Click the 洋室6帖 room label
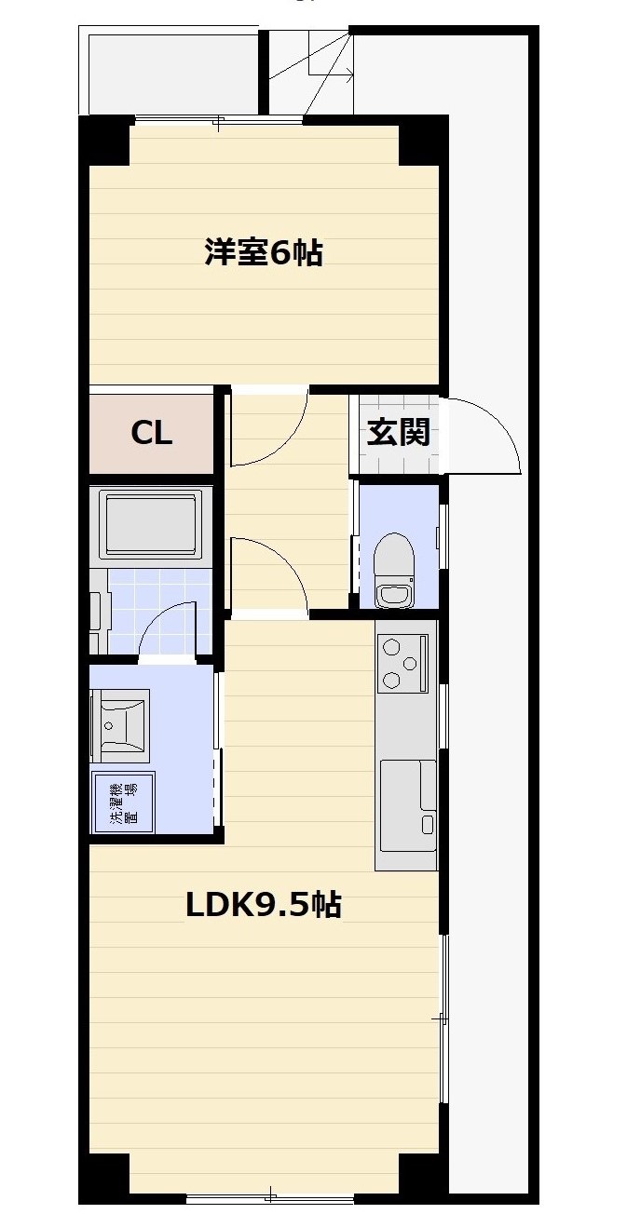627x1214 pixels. tap(264, 252)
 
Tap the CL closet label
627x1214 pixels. tap(151, 433)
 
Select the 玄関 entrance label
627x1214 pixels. tap(398, 433)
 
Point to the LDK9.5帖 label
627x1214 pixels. tap(264, 904)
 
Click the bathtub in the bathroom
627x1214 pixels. tap(151, 524)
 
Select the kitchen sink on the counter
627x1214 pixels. tap(407, 798)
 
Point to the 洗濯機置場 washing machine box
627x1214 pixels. tap(123, 803)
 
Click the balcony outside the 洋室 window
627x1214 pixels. tap(172, 73)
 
